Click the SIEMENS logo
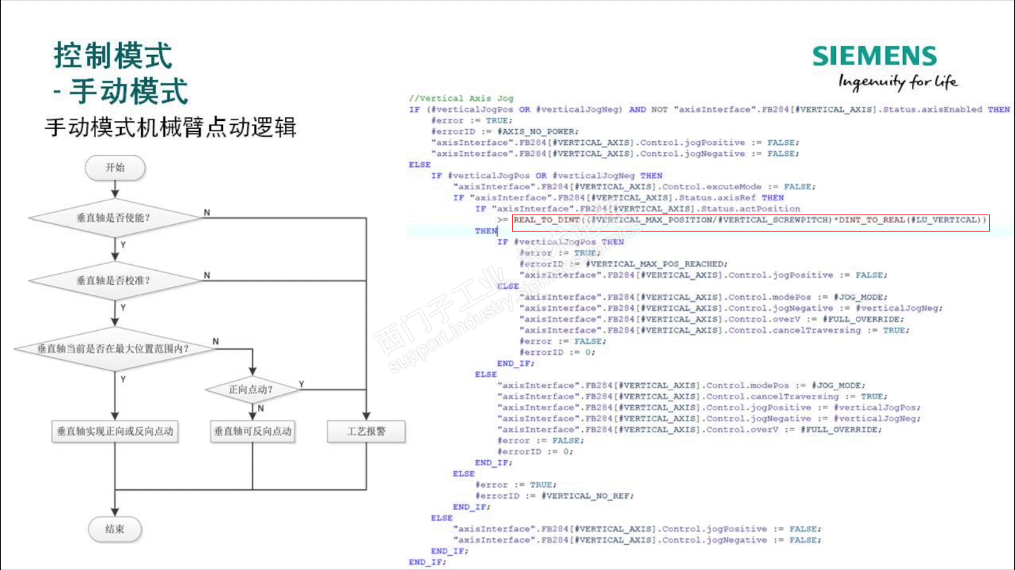pyautogui.click(x=874, y=56)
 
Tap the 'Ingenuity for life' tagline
pyautogui.click(x=898, y=81)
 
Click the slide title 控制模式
pyautogui.click(x=113, y=56)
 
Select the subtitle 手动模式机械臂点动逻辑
pyautogui.click(x=170, y=128)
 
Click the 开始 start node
pyautogui.click(x=115, y=168)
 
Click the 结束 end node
pyautogui.click(x=115, y=530)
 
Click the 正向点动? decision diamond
pyautogui.click(x=252, y=389)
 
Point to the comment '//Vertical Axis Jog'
pyautogui.click(x=461, y=99)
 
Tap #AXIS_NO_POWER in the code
pyautogui.click(x=527, y=131)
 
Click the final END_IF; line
pyautogui.click(x=427, y=563)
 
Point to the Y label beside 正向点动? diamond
pyautogui.click(x=301, y=384)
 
